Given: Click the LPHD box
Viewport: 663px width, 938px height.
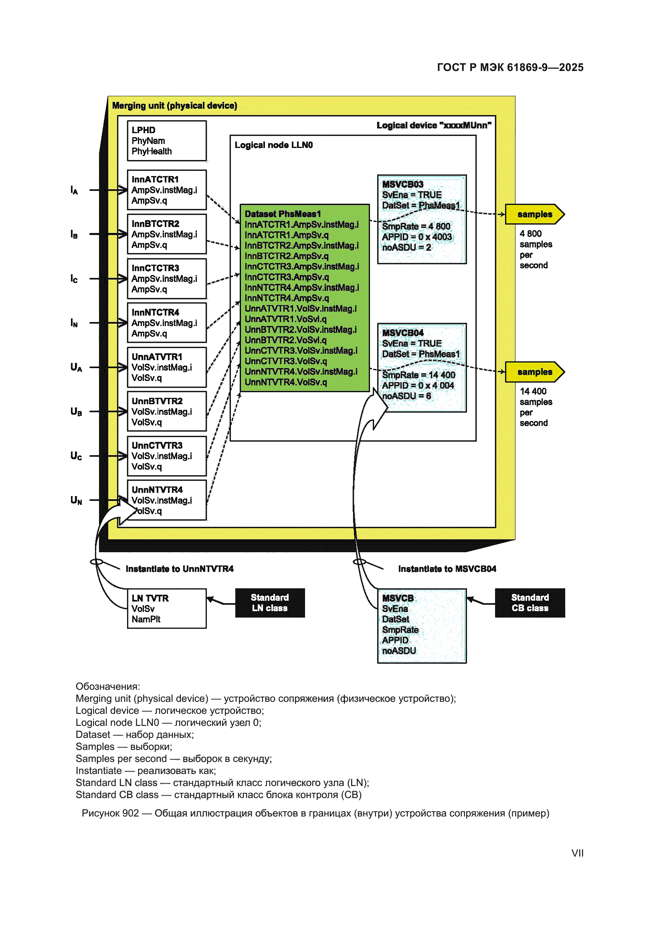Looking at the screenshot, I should (x=167, y=140).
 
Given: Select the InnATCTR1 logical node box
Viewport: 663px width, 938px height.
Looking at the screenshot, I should (x=167, y=190).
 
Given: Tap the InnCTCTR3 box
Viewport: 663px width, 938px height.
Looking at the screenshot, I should (x=167, y=279).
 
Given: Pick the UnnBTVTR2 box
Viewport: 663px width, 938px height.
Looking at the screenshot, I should (x=167, y=411).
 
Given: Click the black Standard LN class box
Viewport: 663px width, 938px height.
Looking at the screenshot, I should (x=270, y=603).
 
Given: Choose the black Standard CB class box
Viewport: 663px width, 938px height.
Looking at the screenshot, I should (x=530, y=603).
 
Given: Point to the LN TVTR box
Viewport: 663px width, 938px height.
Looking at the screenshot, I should (x=167, y=608).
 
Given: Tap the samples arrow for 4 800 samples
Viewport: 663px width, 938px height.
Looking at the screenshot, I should (x=534, y=215).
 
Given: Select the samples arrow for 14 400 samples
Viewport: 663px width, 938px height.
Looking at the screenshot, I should (x=534, y=372).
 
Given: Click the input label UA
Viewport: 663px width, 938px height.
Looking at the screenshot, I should (x=76, y=367).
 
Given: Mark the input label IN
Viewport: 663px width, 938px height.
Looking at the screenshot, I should (x=74, y=323).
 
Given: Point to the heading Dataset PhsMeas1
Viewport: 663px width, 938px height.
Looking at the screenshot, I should (x=283, y=214).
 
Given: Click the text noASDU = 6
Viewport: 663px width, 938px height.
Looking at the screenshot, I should (x=406, y=396).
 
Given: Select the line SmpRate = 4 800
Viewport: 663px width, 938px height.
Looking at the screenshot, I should (x=416, y=226).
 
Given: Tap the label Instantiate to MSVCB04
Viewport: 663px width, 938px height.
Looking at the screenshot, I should (x=447, y=569).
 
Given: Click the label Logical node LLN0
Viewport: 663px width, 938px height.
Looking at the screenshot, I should (x=273, y=145).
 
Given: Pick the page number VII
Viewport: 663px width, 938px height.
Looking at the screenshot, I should (x=577, y=853).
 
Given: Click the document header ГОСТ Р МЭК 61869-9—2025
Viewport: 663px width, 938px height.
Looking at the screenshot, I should (x=510, y=67).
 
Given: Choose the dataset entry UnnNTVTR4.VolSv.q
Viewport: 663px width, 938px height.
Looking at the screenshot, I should (x=286, y=382).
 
